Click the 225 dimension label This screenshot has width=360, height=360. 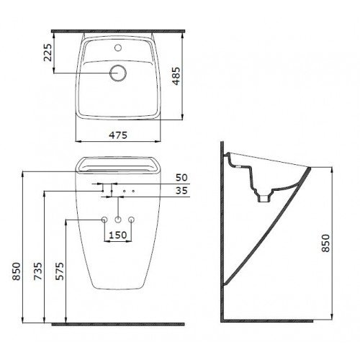(x=48, y=53)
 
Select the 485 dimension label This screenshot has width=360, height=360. (x=176, y=76)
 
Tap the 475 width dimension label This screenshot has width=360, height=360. (x=118, y=135)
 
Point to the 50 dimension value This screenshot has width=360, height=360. (x=181, y=178)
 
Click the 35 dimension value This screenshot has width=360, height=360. (x=181, y=191)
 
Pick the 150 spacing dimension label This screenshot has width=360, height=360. (x=118, y=235)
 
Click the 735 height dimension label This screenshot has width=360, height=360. (x=38, y=271)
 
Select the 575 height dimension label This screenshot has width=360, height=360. (x=60, y=271)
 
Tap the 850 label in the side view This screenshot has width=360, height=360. (x=325, y=243)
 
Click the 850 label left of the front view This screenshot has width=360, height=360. (x=17, y=271)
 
